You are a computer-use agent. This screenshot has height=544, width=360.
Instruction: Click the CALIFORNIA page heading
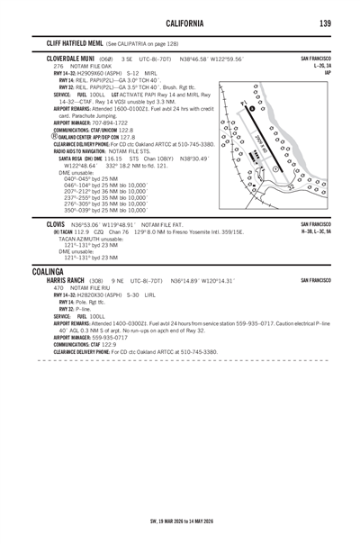(181, 23)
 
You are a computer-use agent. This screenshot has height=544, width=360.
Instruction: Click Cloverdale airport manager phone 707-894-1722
(106, 122)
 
